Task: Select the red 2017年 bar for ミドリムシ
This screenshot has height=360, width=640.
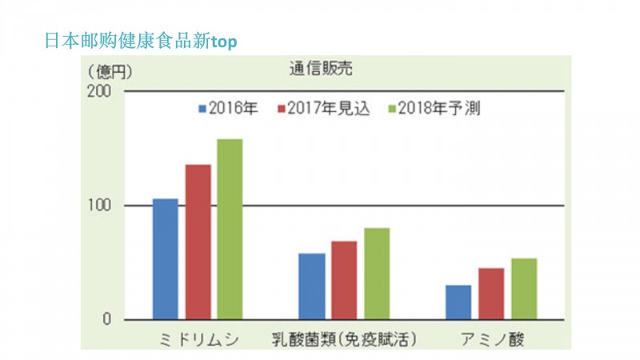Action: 198,242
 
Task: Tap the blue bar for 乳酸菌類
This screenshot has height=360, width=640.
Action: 311,286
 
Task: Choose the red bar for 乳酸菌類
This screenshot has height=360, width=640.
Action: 344,280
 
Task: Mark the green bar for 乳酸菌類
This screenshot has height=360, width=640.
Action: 377,274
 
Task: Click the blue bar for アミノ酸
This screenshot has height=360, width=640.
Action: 458,302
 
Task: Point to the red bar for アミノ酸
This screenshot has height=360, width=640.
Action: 491,294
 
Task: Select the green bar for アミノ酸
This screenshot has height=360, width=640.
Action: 524,289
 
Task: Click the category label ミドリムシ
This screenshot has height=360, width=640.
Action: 198,338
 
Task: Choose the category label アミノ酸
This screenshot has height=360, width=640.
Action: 492,338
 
